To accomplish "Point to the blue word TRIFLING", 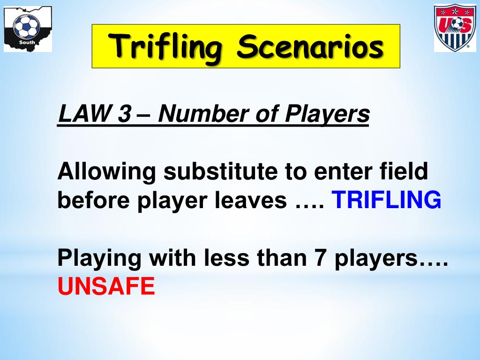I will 387,201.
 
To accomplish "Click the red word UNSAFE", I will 106,286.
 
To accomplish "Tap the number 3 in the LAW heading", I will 124,115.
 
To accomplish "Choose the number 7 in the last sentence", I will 321,258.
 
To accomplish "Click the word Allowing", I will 106,172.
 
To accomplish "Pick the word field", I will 405,172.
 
